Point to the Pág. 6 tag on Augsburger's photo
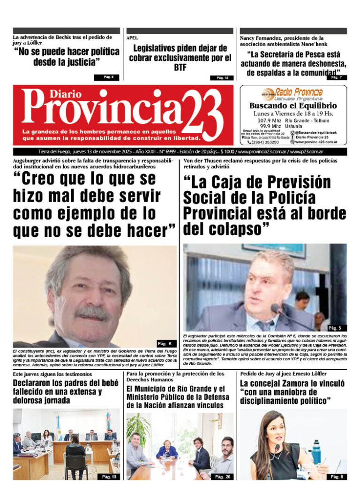coord(167,343)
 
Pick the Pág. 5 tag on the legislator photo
coord(335,328)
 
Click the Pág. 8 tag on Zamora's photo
coord(336,477)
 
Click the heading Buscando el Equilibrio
coord(293,106)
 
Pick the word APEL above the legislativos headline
coord(132,38)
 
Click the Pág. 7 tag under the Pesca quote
coord(337,77)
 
